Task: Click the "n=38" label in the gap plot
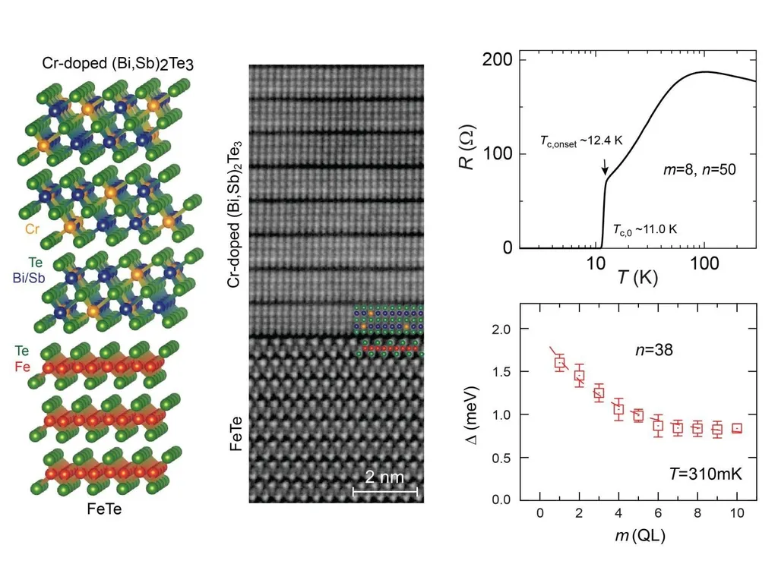click(x=655, y=350)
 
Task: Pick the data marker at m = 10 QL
click(x=737, y=428)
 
